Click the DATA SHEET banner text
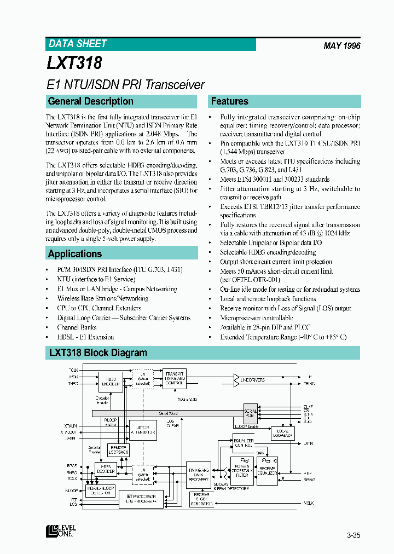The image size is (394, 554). point(78,44)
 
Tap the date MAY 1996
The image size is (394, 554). point(341,46)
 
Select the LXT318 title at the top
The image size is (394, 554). point(74,63)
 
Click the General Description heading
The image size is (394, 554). point(91,101)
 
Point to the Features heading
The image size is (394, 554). point(230,101)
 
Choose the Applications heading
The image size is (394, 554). point(75,254)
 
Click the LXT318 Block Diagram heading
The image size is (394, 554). point(98,353)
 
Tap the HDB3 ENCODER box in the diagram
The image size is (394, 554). point(111,382)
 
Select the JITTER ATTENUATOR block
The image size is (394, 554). point(142,430)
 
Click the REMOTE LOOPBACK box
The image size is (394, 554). point(119,449)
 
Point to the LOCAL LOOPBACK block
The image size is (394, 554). point(283,434)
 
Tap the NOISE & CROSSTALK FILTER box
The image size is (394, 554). point(242,469)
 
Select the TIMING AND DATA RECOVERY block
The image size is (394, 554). point(198,474)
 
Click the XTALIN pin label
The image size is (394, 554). point(71,425)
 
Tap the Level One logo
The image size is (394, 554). point(61,531)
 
